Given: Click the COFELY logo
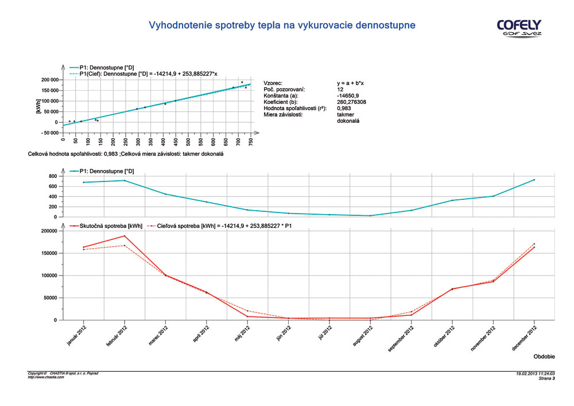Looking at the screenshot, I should pos(519,27).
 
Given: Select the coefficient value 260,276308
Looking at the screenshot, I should pos(351,102).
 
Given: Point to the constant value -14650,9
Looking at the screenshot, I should pos(347,95).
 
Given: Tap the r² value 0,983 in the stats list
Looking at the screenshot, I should pos(344,108).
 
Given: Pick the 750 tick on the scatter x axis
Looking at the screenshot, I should pos(251,141).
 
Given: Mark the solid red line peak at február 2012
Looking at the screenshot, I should pos(125,236).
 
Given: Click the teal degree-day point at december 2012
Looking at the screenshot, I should pos(534,180).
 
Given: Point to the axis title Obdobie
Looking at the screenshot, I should pos(544,357).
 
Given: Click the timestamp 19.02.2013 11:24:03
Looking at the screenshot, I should pos(536,373).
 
